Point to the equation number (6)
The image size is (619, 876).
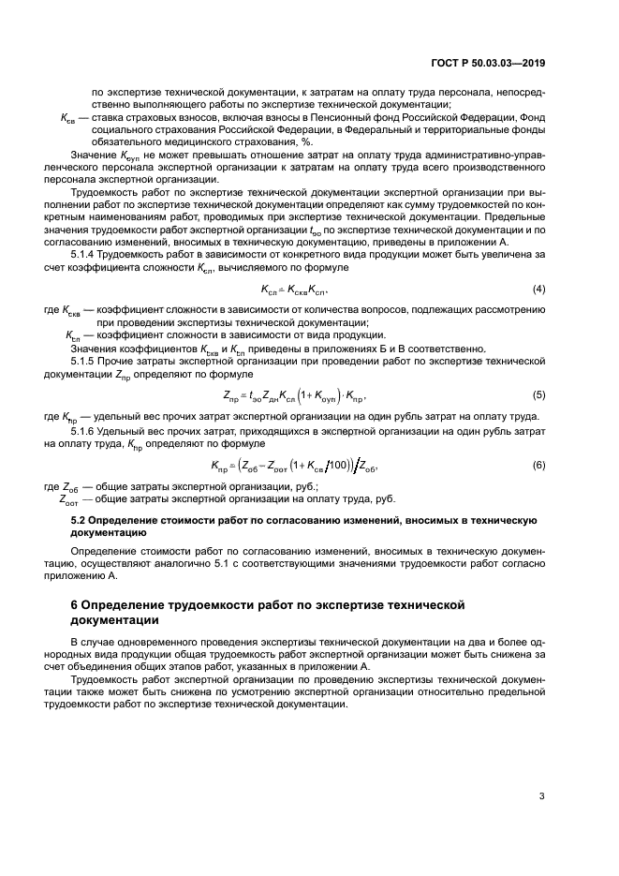tap(539, 465)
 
